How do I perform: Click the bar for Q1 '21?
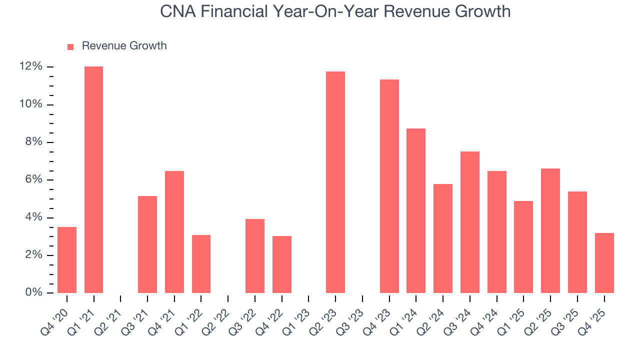tap(93, 180)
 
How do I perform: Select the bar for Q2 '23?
tap(335, 182)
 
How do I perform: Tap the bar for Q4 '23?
tap(389, 186)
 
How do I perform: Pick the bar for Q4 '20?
tap(67, 260)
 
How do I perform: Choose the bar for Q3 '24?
tap(470, 222)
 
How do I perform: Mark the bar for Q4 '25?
tap(604, 263)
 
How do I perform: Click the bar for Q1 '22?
tap(201, 264)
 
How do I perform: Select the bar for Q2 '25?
tap(550, 230)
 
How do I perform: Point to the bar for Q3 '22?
tap(255, 256)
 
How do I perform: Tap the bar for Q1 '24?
tap(416, 210)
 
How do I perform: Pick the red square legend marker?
tap(70, 46)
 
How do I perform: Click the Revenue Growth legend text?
tap(124, 46)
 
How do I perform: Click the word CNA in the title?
tap(177, 11)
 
